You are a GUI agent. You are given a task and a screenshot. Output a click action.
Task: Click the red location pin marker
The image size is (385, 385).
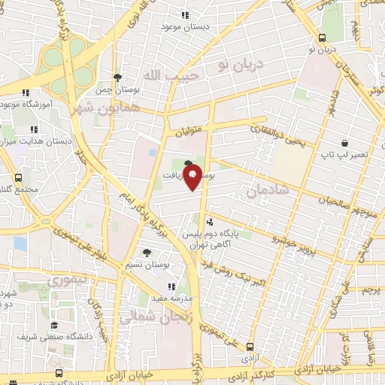[x=192, y=176]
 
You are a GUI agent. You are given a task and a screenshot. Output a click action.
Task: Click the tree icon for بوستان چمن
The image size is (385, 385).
[x=117, y=77]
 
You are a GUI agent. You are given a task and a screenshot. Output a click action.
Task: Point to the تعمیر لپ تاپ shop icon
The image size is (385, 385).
[x=344, y=143]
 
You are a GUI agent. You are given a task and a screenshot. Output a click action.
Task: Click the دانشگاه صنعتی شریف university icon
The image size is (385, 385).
[x=54, y=325]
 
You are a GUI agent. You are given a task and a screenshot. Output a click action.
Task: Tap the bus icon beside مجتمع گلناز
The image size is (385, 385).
[x=17, y=178]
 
